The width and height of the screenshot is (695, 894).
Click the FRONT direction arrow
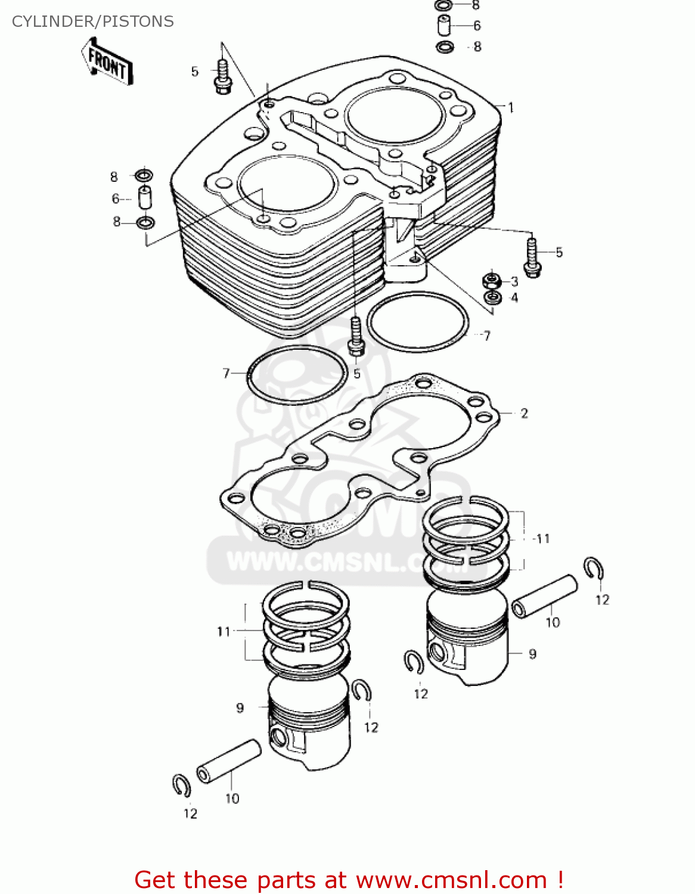[x=107, y=62]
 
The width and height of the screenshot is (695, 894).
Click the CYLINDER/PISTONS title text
[x=93, y=21]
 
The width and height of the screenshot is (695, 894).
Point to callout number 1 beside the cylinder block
[x=511, y=108]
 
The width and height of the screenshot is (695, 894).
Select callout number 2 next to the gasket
[x=524, y=413]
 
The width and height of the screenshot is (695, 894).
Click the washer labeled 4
[x=492, y=297]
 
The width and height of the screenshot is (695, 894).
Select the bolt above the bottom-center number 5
[x=356, y=336]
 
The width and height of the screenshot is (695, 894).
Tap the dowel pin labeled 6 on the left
[x=145, y=198]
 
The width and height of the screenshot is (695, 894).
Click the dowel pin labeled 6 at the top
[x=444, y=26]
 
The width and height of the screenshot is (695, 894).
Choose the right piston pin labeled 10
[x=545, y=596]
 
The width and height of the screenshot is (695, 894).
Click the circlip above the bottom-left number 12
[x=181, y=786]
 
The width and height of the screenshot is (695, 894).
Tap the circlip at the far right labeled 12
[x=594, y=568]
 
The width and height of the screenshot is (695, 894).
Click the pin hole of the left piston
[x=278, y=737]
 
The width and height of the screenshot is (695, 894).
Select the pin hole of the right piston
[x=438, y=653]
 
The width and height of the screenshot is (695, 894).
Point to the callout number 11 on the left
[x=224, y=631]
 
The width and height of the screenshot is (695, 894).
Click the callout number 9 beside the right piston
[x=532, y=654]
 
